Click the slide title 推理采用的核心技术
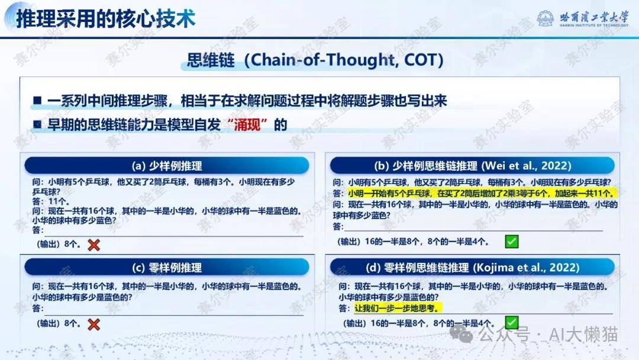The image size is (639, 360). (x=105, y=19)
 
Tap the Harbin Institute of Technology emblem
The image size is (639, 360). (x=546, y=18)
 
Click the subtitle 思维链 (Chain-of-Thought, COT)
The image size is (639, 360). (x=315, y=60)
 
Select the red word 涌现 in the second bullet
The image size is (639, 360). (x=247, y=124)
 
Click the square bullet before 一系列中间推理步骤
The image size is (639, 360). (x=37, y=100)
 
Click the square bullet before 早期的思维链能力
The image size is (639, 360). (x=37, y=124)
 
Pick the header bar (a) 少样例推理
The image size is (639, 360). (x=167, y=166)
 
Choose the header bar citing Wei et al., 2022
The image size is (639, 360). (x=472, y=166)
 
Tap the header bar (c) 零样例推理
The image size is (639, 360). (x=167, y=268)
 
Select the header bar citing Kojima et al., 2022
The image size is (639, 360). (x=472, y=268)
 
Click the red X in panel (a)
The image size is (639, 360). (x=93, y=245)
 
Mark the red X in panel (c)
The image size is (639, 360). (x=93, y=324)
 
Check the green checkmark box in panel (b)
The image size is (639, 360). (x=511, y=242)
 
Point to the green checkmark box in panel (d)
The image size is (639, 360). (x=511, y=323)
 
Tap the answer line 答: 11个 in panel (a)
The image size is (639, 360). (x=50, y=201)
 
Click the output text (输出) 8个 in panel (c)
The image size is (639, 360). (x=58, y=324)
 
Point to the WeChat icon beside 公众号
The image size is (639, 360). (x=461, y=335)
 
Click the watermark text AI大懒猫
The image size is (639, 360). (x=583, y=335)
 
